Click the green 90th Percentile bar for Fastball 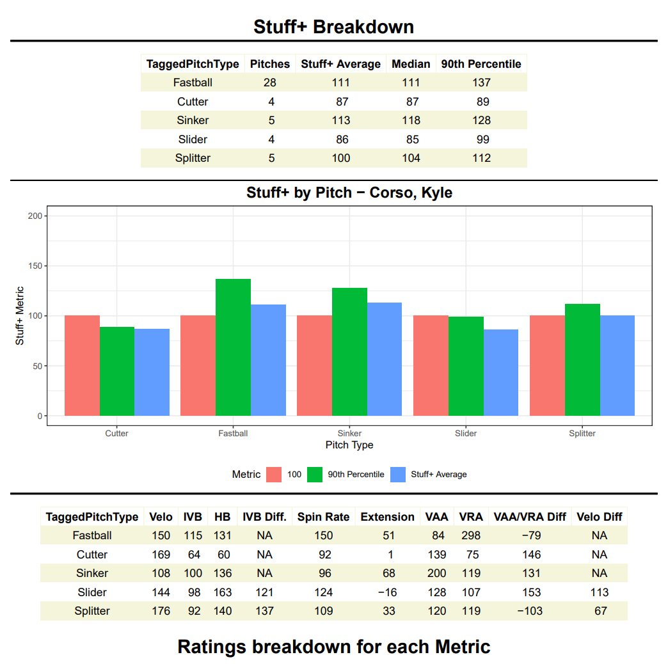(233, 347)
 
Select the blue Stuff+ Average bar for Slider (500, 372)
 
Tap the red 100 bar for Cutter (82, 365)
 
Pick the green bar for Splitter (582, 360)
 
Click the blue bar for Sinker (385, 359)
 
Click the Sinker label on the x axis (349, 433)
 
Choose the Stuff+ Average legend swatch (398, 475)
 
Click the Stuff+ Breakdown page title (333, 27)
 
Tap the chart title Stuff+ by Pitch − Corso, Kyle (349, 193)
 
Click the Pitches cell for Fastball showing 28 (269, 83)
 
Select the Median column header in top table (411, 64)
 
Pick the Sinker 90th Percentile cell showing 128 (481, 120)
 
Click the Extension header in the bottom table (387, 517)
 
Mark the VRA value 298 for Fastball (471, 535)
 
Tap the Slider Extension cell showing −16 (387, 592)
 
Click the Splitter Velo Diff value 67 (600, 611)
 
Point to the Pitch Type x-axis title (349, 445)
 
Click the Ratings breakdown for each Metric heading (333, 647)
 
